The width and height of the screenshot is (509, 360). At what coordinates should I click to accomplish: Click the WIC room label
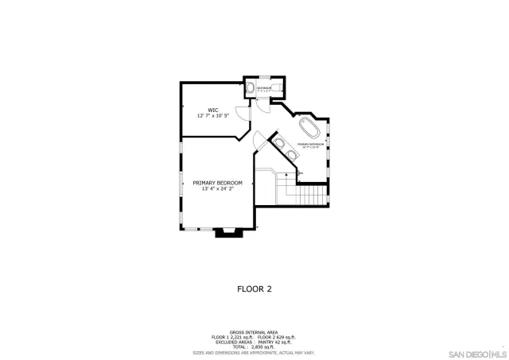(x=213, y=110)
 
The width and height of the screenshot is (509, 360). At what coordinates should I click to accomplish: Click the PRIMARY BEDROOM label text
(x=217, y=183)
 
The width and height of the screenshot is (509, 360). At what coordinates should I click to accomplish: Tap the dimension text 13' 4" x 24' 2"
(x=217, y=189)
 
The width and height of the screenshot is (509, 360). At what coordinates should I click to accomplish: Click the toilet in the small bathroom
(x=249, y=88)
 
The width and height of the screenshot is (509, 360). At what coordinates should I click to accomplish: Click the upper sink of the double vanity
(x=278, y=142)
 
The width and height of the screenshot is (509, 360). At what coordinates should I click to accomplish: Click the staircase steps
(x=306, y=194)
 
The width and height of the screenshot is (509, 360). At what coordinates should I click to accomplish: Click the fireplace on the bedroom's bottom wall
(x=225, y=232)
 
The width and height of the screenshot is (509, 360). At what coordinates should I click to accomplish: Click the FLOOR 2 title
(x=254, y=289)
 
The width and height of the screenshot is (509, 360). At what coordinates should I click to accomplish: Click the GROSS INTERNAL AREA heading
(x=254, y=331)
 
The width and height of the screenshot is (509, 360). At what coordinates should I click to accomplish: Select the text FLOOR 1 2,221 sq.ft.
(x=230, y=337)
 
